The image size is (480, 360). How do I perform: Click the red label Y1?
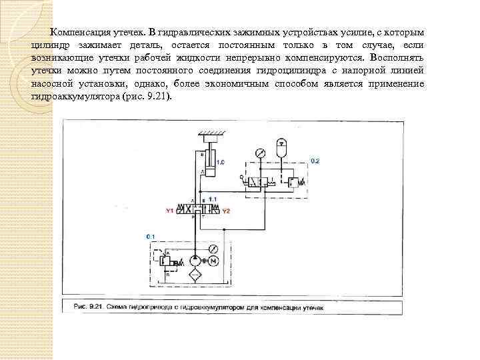pos(170,211)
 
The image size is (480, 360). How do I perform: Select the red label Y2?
pos(225,211)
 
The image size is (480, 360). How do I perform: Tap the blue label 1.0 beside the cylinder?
pos(221,162)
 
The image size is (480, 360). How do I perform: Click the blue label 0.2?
pos(315,161)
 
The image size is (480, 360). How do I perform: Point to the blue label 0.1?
pos(150,237)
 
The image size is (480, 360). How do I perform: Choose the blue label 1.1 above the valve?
pos(212,199)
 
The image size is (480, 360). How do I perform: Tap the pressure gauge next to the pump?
pos(213,249)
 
